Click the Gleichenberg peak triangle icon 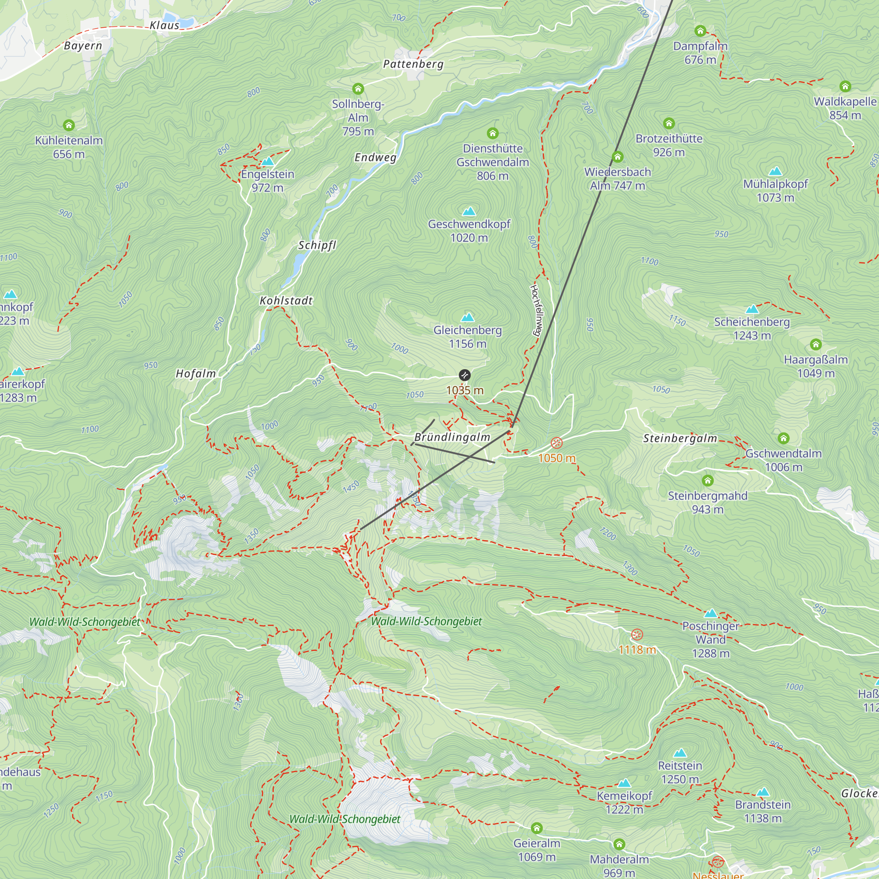(x=468, y=317)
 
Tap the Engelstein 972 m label (x=268, y=181)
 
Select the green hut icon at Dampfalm (x=700, y=31)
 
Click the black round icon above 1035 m (x=465, y=375)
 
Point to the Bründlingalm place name (x=452, y=437)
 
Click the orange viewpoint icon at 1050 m (x=556, y=443)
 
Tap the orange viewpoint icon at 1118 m (x=637, y=634)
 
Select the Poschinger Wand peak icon (x=711, y=613)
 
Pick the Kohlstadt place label (x=286, y=301)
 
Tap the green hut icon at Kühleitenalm (x=69, y=125)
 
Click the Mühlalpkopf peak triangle (x=775, y=171)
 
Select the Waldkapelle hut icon (x=845, y=86)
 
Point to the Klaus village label (x=165, y=25)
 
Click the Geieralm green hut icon (x=537, y=828)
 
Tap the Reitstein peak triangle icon (x=680, y=752)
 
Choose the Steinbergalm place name (x=680, y=439)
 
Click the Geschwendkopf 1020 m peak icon (x=469, y=211)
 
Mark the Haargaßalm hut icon (x=816, y=344)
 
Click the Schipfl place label (x=317, y=245)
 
